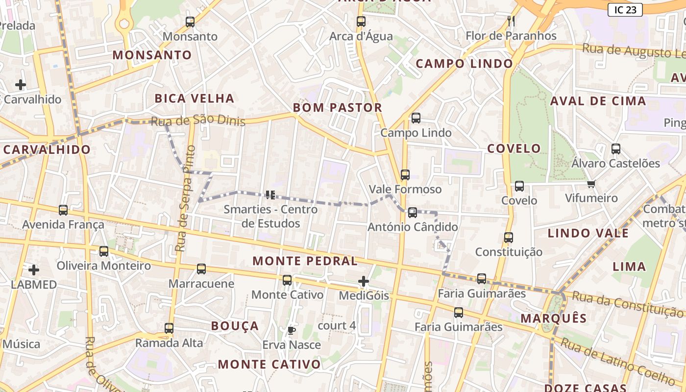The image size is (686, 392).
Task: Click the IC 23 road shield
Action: (625, 10)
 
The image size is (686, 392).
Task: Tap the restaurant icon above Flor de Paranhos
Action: (511, 21)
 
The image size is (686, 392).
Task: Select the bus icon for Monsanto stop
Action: (190, 22)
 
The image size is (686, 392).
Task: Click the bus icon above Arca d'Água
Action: (361, 22)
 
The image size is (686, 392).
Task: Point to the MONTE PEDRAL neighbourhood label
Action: (305, 261)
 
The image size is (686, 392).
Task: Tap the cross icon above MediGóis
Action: (364, 281)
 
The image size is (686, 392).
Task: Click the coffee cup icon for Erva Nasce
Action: (292, 330)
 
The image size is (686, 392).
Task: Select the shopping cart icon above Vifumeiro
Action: (591, 184)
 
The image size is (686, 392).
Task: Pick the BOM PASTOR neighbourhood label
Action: (337, 108)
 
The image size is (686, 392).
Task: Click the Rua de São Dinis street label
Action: (198, 121)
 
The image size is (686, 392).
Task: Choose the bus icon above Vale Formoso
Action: (405, 175)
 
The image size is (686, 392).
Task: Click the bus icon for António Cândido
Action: (413, 213)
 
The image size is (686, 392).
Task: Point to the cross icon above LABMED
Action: (34, 270)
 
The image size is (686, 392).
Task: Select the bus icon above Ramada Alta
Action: (169, 328)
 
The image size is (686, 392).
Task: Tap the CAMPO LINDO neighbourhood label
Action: (464, 64)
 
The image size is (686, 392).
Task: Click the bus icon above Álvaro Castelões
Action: (616, 149)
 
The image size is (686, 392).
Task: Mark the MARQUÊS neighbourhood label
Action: (553, 318)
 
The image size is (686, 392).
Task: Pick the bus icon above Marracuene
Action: (201, 269)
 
